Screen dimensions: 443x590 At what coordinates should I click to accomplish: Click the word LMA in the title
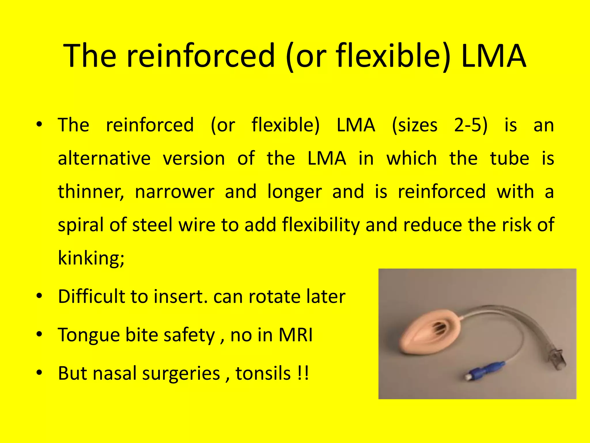493,55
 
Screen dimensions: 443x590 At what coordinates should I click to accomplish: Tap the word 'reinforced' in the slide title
201,55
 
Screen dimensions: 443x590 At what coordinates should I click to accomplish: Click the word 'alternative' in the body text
104,159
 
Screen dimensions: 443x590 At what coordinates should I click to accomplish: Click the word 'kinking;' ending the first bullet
91,258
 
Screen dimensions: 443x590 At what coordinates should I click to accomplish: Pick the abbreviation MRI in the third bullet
296,335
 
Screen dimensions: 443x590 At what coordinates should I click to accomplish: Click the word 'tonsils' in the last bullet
263,373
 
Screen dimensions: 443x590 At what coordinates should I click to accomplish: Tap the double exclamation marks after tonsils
302,373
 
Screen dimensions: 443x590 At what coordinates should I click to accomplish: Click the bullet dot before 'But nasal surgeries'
39,373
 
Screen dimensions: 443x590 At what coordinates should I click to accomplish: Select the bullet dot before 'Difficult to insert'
39,296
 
